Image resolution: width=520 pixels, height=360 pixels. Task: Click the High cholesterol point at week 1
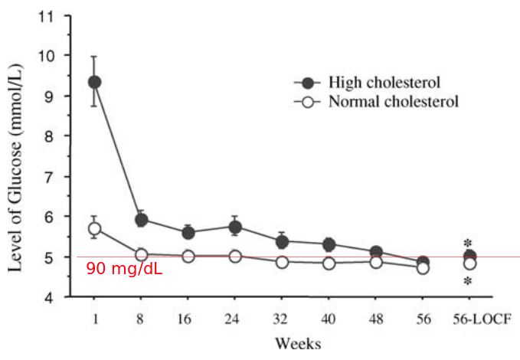point(94,82)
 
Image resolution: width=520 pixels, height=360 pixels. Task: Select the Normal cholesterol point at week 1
point(94,228)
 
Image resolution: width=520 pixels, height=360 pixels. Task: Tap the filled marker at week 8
point(141,221)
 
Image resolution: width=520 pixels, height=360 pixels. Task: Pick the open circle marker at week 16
point(188,256)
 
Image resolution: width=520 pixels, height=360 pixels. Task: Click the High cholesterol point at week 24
point(235,227)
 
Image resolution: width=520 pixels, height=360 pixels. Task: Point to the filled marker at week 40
point(329,245)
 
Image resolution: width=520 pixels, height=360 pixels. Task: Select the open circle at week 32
point(282,262)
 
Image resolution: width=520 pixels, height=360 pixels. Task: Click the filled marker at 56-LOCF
point(469,256)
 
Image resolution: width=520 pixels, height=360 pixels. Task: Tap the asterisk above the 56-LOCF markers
point(469,243)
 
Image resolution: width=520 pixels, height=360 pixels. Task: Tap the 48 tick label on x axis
point(375,316)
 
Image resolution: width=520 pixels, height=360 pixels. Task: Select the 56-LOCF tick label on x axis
point(469,316)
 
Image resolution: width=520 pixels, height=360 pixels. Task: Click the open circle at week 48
point(375,262)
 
